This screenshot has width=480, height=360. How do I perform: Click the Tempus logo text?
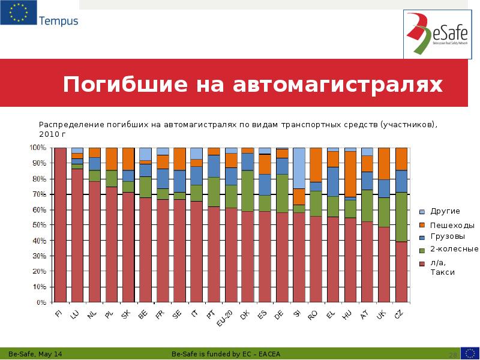click(x=58, y=21)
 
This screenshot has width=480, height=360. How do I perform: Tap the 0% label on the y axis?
click(x=41, y=302)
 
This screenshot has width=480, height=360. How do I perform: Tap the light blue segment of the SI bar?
click(x=299, y=168)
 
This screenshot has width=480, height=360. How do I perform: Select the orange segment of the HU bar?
click(x=350, y=174)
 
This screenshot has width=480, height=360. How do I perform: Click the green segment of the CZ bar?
click(x=401, y=217)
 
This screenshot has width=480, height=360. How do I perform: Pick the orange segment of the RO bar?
click(x=316, y=164)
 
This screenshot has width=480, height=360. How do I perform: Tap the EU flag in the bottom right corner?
click(x=469, y=353)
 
